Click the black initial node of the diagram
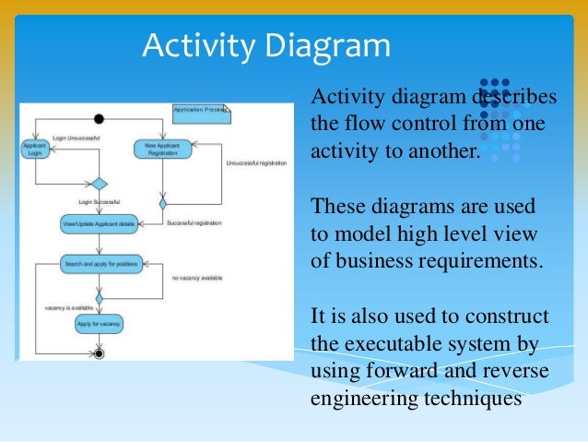coord(99,118)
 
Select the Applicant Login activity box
coord(36,149)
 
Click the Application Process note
coord(201,113)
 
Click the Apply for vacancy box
coord(98,324)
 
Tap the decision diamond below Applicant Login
coord(98,184)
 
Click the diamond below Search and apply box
coord(99,297)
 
